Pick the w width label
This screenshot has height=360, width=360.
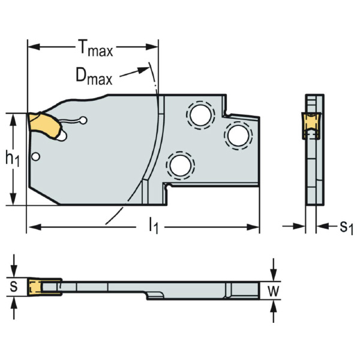pos(274,292)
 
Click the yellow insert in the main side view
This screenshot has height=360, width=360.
pos(45,125)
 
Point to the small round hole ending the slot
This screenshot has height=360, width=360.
pos(84,120)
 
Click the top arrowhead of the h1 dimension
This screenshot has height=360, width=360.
pos(13,116)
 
